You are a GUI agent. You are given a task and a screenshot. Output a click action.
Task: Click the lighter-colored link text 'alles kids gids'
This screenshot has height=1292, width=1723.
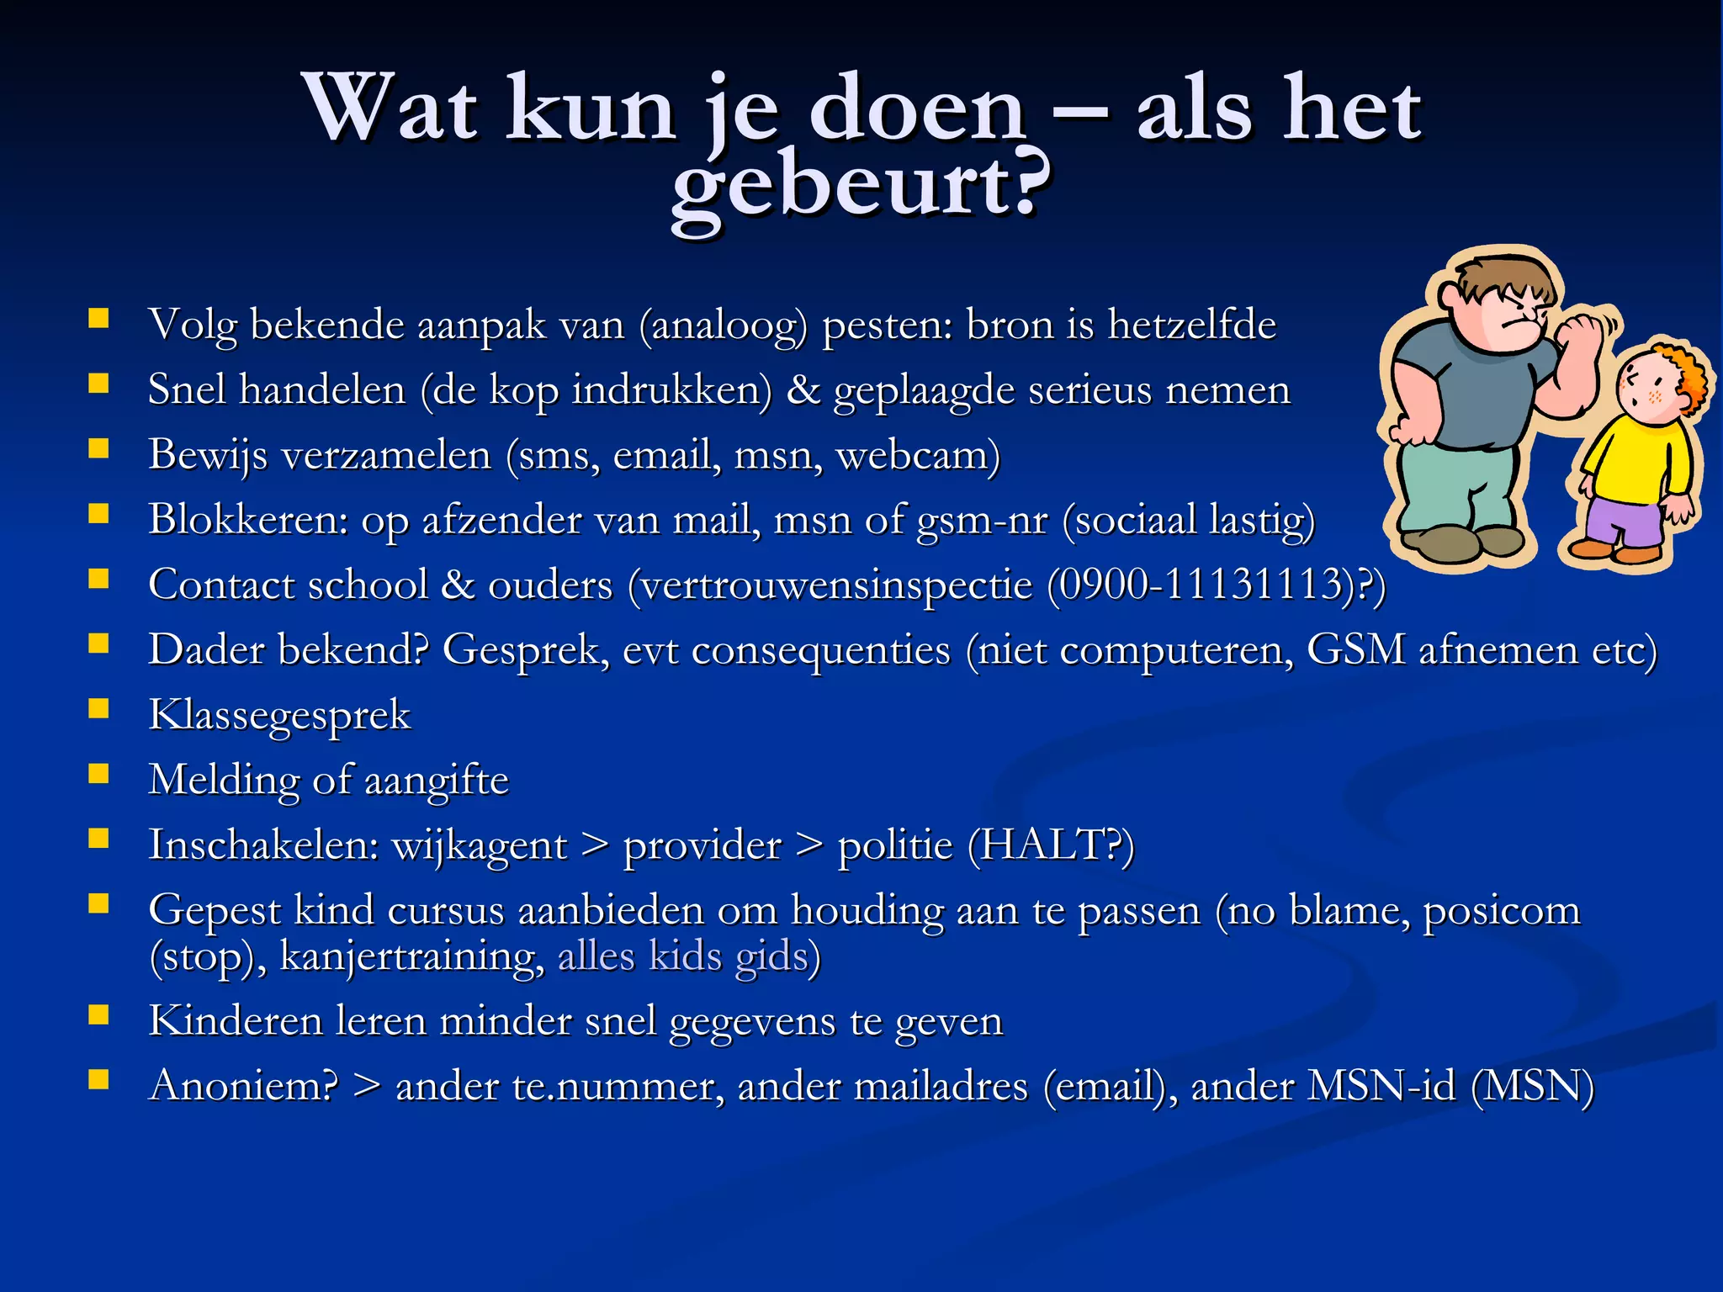click(682, 956)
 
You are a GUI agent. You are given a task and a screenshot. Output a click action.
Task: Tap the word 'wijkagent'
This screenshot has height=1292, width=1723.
click(480, 846)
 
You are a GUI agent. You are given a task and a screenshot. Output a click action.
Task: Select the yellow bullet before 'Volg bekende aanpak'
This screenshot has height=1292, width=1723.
click(99, 318)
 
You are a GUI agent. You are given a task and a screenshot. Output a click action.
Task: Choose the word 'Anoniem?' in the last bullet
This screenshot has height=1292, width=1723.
click(243, 1086)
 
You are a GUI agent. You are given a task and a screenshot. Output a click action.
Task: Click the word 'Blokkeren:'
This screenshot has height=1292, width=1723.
click(249, 520)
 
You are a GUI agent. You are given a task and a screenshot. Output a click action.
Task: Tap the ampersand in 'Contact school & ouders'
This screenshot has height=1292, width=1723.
click(458, 585)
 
